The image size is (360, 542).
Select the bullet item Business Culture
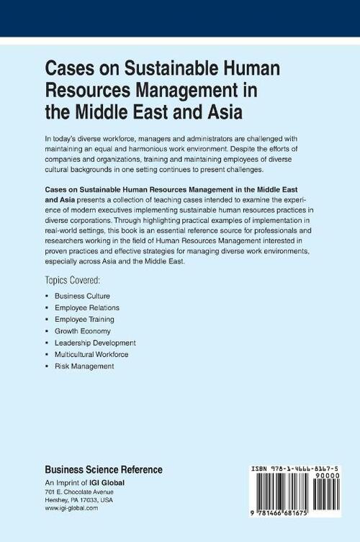click(x=82, y=296)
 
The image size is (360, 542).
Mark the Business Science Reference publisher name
click(x=104, y=470)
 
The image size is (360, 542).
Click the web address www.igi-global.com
click(x=71, y=508)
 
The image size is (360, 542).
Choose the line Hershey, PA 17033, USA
click(x=80, y=500)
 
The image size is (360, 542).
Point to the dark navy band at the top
click(x=180, y=18)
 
